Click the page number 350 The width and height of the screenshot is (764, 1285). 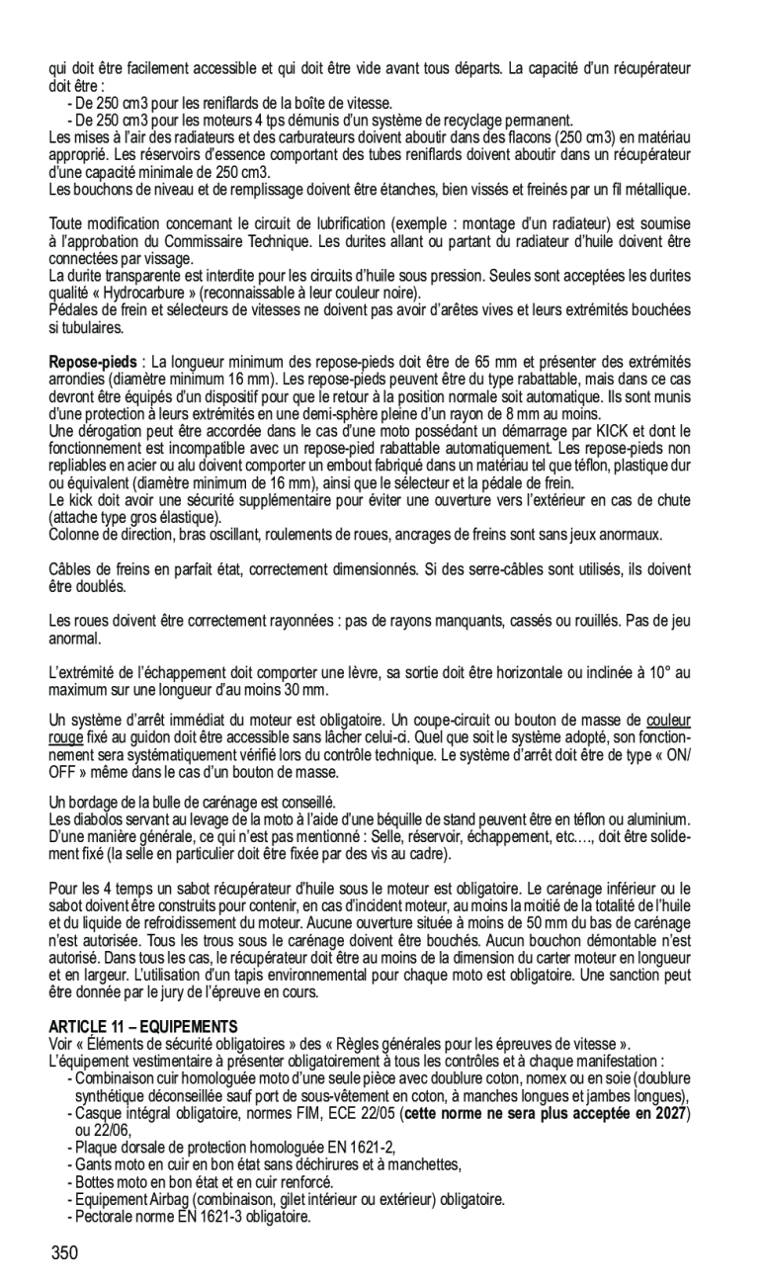pos(64,1253)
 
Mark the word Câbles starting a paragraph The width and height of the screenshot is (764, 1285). pos(70,569)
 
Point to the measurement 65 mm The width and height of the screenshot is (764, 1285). pos(506,363)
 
